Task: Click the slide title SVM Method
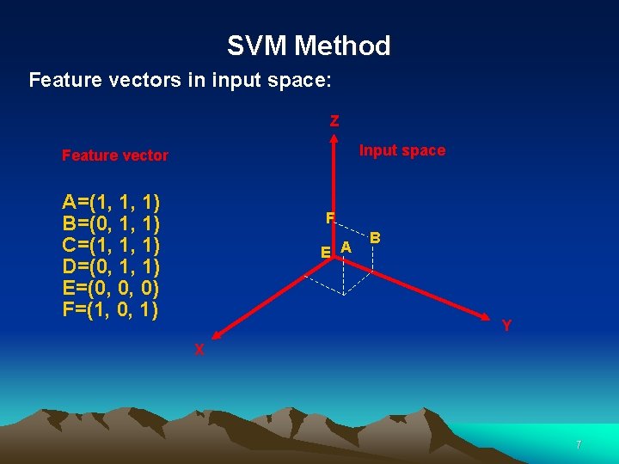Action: pyautogui.click(x=309, y=46)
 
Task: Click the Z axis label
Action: pyautogui.click(x=334, y=121)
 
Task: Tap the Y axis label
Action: pyautogui.click(x=507, y=326)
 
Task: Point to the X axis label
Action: pyautogui.click(x=199, y=350)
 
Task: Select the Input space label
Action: pyautogui.click(x=401, y=150)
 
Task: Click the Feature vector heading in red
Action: pyautogui.click(x=115, y=156)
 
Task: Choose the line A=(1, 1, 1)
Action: pyautogui.click(x=112, y=203)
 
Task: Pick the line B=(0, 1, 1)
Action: pyautogui.click(x=112, y=224)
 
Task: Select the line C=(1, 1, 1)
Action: pyautogui.click(x=112, y=245)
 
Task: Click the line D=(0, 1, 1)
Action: pyautogui.click(x=112, y=266)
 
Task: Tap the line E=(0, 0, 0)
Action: pyautogui.click(x=112, y=288)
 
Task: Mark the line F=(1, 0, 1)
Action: pyautogui.click(x=112, y=308)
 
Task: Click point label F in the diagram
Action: pyautogui.click(x=329, y=218)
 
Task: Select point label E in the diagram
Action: pyautogui.click(x=325, y=253)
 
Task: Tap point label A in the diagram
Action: pyautogui.click(x=345, y=247)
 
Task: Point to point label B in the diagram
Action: pyautogui.click(x=376, y=237)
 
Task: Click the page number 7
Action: pyautogui.click(x=579, y=445)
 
